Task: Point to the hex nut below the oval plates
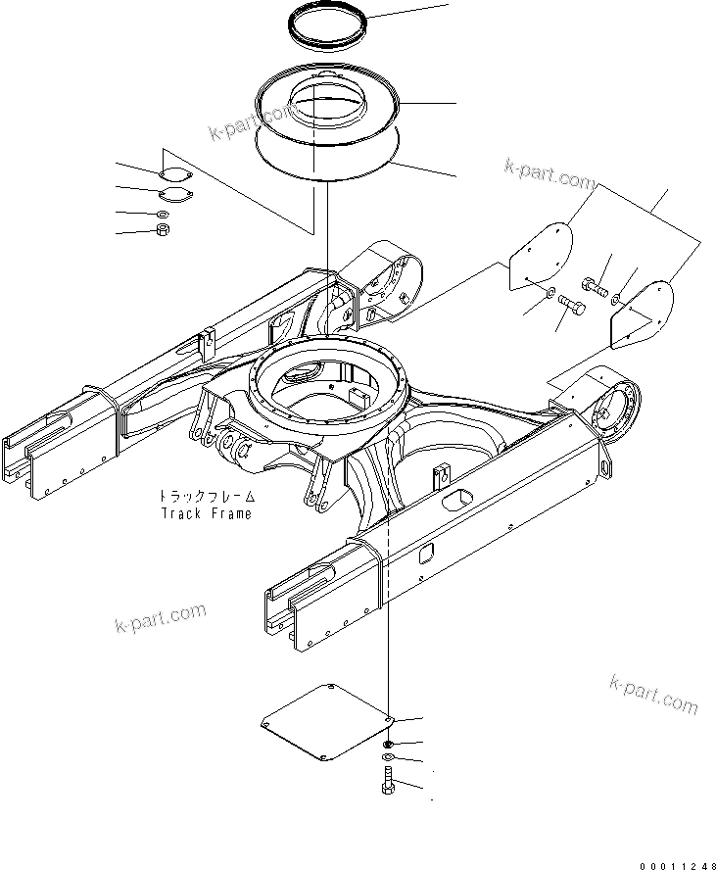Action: point(164,230)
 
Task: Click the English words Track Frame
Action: point(205,513)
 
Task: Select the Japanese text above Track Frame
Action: point(205,497)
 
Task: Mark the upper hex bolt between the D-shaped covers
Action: point(595,286)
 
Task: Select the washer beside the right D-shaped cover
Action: point(616,293)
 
